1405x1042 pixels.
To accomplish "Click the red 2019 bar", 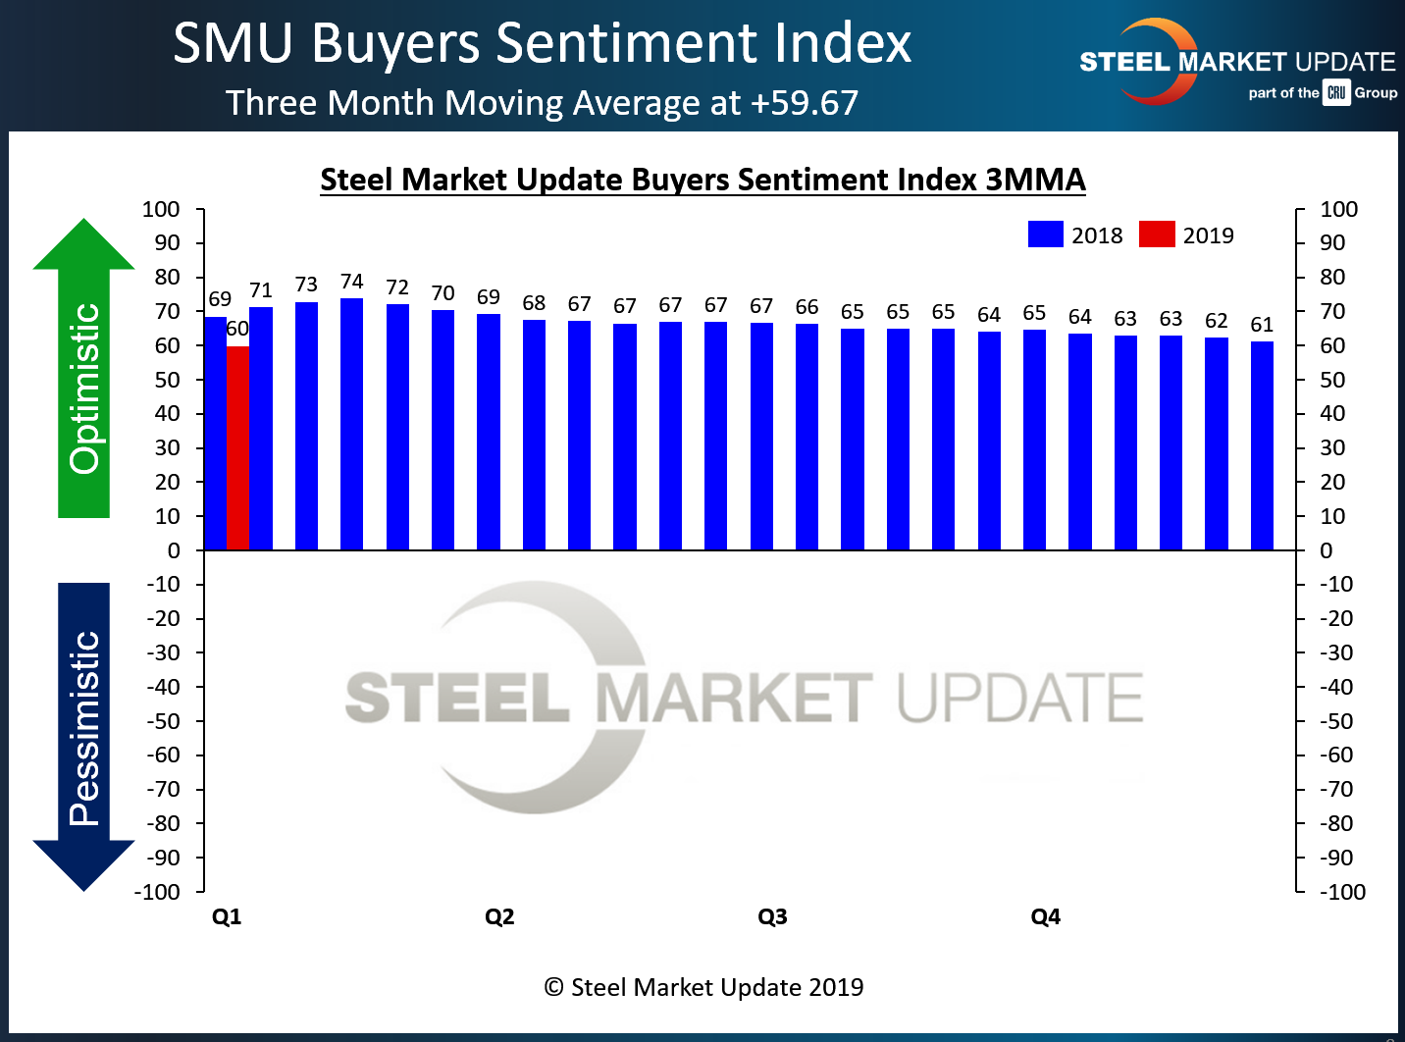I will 237,447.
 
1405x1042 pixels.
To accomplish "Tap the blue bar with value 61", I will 1262,445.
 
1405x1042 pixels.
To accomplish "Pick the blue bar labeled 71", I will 261,428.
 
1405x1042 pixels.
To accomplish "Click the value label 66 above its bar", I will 807,307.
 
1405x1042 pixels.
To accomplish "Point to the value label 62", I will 1216,321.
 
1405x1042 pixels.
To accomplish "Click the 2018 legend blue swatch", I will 1045,234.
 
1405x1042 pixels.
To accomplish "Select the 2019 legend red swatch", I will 1157,234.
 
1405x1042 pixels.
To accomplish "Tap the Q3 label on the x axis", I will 772,916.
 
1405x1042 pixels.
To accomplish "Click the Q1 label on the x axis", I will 227,916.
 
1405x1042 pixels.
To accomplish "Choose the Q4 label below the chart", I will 1045,916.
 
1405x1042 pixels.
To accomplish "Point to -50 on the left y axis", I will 164,721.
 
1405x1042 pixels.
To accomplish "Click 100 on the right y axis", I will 1338,209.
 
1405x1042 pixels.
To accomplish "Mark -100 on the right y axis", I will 1341,892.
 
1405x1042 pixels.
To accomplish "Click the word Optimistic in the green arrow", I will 85,389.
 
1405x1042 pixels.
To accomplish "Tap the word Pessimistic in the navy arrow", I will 85,728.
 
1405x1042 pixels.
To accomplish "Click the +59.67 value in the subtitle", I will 805,103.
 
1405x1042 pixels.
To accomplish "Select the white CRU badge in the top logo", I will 1336,93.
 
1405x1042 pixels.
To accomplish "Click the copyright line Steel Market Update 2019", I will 703,987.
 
